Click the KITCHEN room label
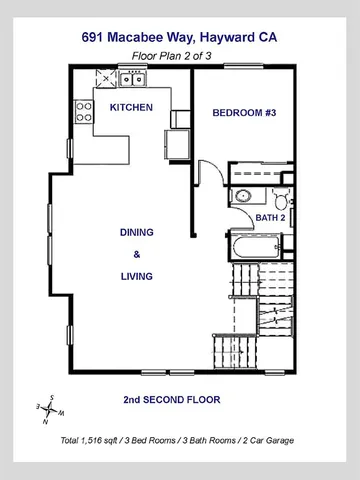[130, 107]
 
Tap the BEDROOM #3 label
[244, 114]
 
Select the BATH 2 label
[270, 216]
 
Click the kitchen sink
[137, 79]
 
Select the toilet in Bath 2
[280, 197]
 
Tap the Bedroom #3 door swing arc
[208, 175]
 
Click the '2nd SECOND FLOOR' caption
[171, 400]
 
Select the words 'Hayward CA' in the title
[239, 36]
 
